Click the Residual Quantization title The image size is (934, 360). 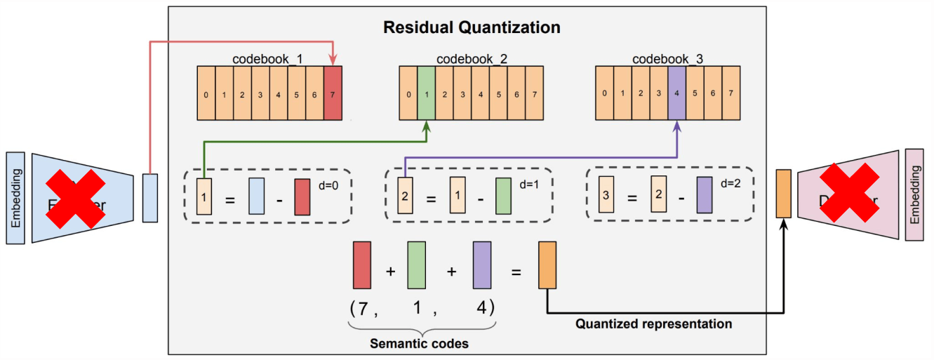[x=471, y=28]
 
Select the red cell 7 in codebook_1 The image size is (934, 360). [x=333, y=94]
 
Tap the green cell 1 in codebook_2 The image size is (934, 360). [x=426, y=94]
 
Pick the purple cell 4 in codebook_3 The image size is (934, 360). [x=676, y=93]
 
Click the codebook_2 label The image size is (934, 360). [x=472, y=59]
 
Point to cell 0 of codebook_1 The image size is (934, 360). [x=205, y=94]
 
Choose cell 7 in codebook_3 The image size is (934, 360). [x=730, y=93]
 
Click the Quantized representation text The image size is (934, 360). [x=653, y=324]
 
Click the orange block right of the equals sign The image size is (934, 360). [x=547, y=265]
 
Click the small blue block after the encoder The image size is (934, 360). [x=150, y=197]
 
